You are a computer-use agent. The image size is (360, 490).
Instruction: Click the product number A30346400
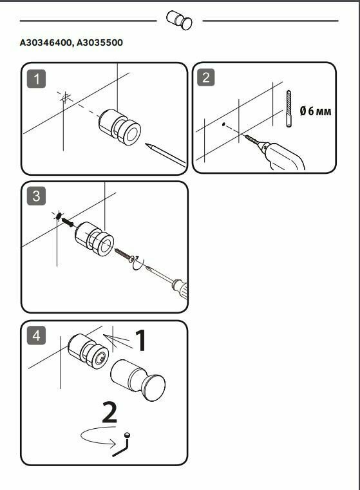click(x=46, y=42)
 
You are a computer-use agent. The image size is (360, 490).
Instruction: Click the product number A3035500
click(x=100, y=42)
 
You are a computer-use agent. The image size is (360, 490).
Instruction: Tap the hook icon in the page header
click(x=179, y=21)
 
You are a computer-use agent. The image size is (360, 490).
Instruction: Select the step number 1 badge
click(x=36, y=79)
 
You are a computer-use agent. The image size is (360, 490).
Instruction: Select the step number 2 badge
click(x=205, y=77)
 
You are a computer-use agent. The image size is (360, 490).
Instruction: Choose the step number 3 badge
click(x=36, y=196)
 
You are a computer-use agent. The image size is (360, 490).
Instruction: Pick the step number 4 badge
click(x=36, y=335)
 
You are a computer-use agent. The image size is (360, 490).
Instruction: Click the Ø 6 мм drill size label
click(x=316, y=111)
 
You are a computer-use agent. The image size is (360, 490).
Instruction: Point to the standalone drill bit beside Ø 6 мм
click(x=289, y=108)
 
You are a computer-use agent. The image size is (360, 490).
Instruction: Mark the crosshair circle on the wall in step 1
click(x=65, y=98)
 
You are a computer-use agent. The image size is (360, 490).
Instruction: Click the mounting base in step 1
click(x=120, y=127)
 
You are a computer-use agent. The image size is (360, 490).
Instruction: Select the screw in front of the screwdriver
click(x=124, y=254)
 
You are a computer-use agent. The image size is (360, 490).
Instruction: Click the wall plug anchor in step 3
click(x=67, y=222)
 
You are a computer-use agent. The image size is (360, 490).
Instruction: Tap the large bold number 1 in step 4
click(x=140, y=340)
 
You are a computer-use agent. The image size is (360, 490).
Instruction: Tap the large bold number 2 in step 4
click(x=109, y=413)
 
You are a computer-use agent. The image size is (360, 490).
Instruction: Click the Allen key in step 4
click(x=122, y=445)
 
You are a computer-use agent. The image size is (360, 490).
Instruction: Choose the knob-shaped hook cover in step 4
click(x=138, y=380)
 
